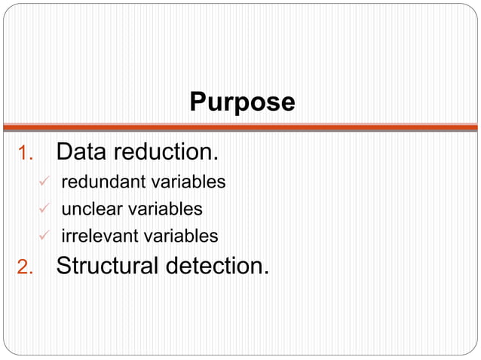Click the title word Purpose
[x=242, y=102]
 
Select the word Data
[x=81, y=152]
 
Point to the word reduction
[x=165, y=152]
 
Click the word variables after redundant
[x=189, y=182]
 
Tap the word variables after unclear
[x=166, y=209]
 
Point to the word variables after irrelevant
[x=181, y=236]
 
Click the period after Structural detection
[x=265, y=273]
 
